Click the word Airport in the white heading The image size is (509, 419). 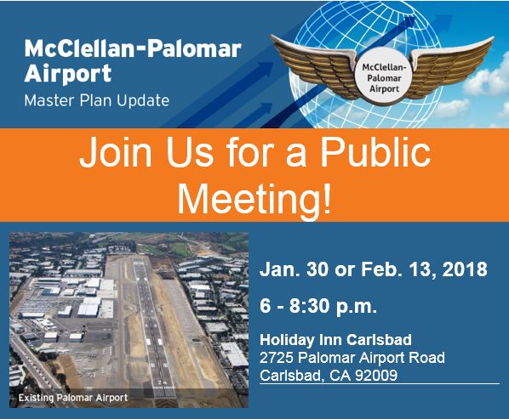[x=68, y=74]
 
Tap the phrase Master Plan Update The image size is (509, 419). [x=97, y=100]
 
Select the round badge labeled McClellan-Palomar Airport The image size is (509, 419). [x=384, y=78]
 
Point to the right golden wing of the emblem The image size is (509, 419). [x=451, y=65]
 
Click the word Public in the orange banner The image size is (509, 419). [x=375, y=151]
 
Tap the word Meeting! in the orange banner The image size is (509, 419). [x=254, y=198]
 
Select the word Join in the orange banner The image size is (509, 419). [x=116, y=151]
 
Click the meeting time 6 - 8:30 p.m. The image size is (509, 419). [x=318, y=306]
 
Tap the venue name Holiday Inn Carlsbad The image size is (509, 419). [x=335, y=340]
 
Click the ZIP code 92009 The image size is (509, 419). [x=376, y=376]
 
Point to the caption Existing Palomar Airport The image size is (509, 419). [x=73, y=398]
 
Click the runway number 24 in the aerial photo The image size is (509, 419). [x=162, y=382]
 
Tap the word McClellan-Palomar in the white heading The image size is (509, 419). [x=133, y=49]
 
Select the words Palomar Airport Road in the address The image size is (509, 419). [x=371, y=358]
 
